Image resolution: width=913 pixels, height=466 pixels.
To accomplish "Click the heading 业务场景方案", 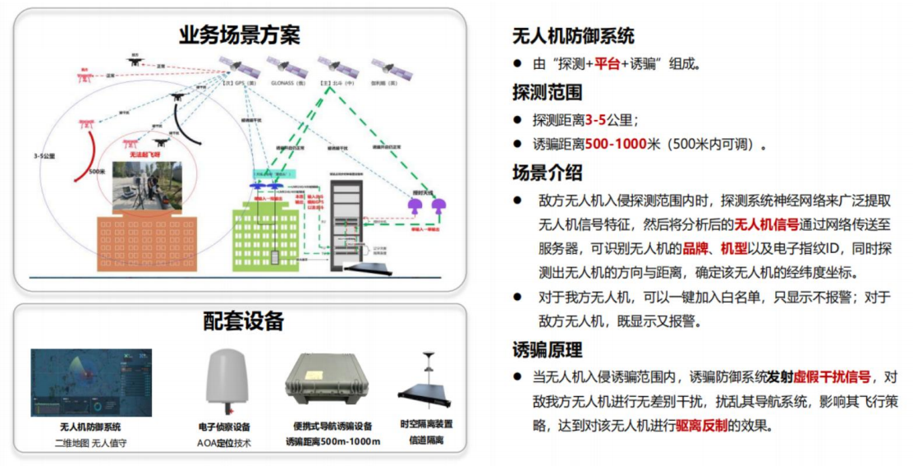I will pyautogui.click(x=240, y=35).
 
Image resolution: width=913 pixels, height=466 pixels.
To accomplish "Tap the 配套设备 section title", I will pyautogui.click(x=243, y=321).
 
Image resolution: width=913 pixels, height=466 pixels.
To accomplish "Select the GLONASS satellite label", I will pyautogui.click(x=287, y=83).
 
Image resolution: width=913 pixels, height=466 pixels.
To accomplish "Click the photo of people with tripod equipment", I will pyautogui.click(x=146, y=186).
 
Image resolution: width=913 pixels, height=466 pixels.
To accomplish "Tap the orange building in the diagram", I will pyautogui.click(x=148, y=244).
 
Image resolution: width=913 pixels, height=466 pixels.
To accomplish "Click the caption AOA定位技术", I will pyautogui.click(x=225, y=443).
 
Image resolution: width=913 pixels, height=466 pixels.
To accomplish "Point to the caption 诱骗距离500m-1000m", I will pyautogui.click(x=333, y=442).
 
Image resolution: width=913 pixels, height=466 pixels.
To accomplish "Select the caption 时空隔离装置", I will pyautogui.click(x=426, y=424).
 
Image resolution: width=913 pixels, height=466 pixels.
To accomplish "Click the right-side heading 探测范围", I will pyautogui.click(x=547, y=92).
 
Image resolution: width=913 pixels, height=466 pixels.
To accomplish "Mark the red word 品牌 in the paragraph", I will pyautogui.click(x=696, y=248).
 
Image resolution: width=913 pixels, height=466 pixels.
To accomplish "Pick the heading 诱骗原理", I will pyautogui.click(x=547, y=349).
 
